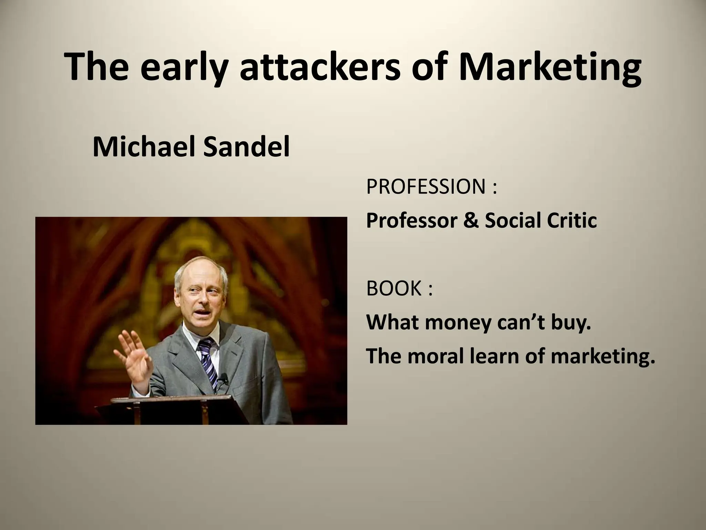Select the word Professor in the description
pos(412,221)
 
